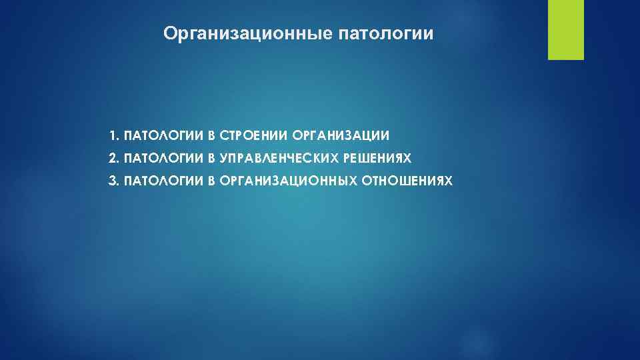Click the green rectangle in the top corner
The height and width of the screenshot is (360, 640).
pyautogui.click(x=565, y=30)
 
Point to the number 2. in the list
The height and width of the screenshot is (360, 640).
pyautogui.click(x=115, y=158)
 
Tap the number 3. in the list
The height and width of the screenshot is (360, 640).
pyautogui.click(x=115, y=181)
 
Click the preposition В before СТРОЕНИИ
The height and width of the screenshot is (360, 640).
pyautogui.click(x=211, y=136)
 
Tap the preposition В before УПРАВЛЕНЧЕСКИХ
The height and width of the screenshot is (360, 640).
pyautogui.click(x=211, y=158)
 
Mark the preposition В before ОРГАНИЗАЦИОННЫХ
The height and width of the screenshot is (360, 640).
pyautogui.click(x=211, y=181)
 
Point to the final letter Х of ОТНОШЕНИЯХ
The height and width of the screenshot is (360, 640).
pyautogui.click(x=449, y=181)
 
